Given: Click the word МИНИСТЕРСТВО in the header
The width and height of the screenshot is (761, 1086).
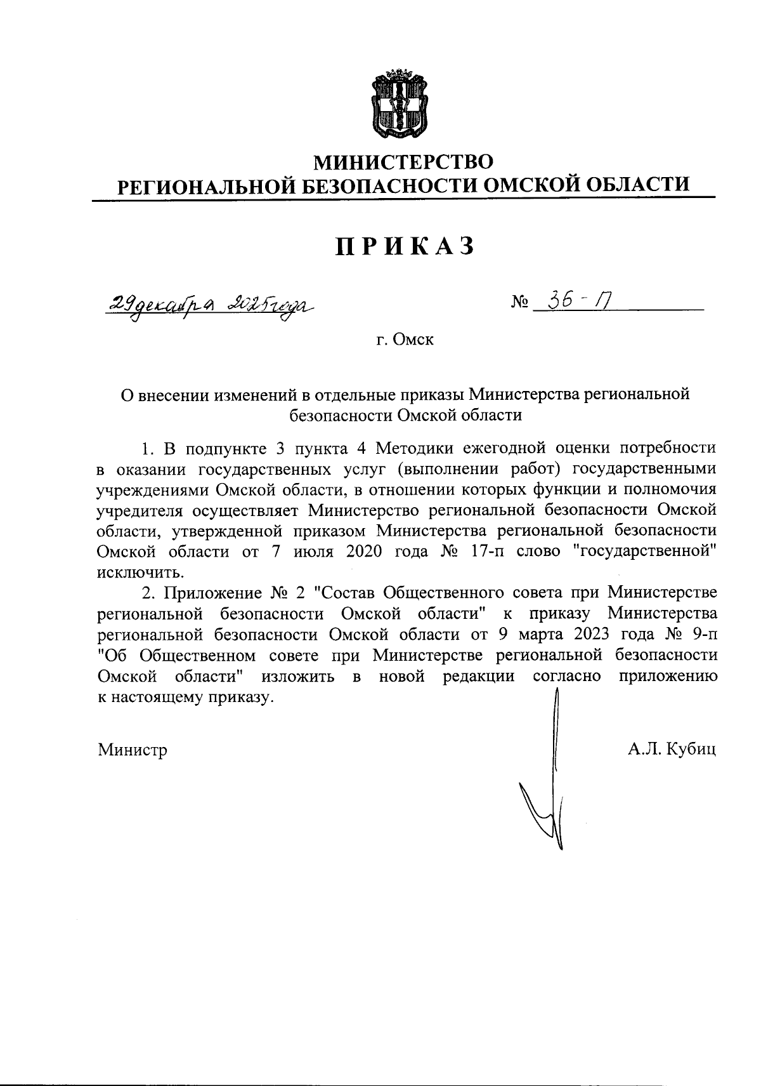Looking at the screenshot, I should point(404,162).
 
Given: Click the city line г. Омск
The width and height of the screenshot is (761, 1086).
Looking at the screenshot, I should point(404,340).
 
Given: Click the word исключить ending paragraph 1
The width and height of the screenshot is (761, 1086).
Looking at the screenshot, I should point(140,572).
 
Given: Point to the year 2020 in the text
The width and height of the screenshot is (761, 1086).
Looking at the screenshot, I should point(364,551).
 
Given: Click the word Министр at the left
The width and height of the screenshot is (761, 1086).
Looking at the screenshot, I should point(133,750).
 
